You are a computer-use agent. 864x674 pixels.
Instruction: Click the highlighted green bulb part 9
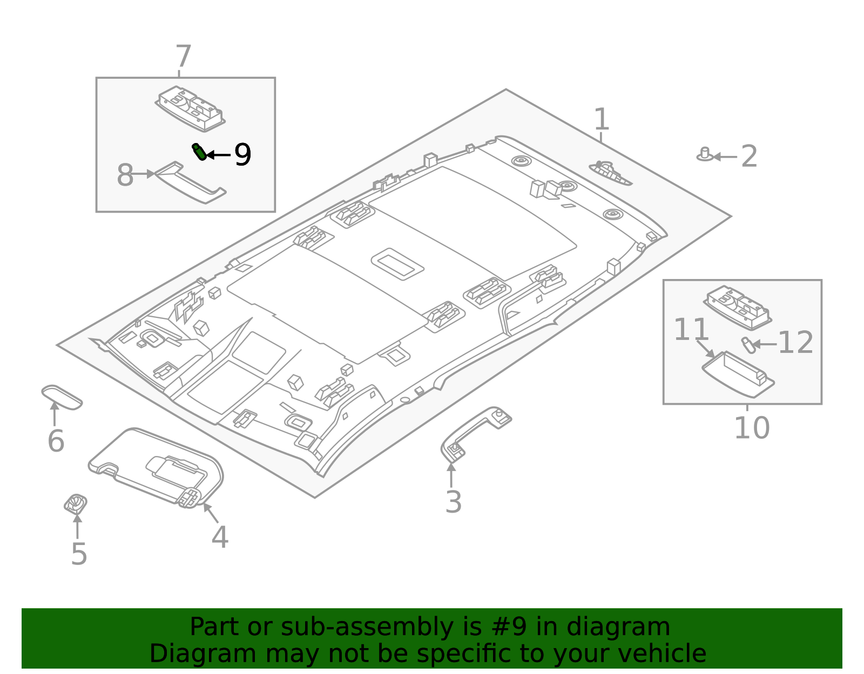tap(199, 152)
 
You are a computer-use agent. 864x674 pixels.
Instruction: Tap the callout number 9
tap(242, 155)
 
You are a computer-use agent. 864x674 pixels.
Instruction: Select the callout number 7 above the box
tap(183, 57)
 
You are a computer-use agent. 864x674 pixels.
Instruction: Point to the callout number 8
tap(125, 175)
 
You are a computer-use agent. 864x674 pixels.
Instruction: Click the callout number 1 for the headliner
tap(601, 119)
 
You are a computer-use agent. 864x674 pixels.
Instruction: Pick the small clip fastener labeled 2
tap(704, 154)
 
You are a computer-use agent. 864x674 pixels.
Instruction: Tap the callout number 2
tap(749, 157)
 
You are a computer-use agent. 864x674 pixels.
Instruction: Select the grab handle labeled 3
tap(475, 431)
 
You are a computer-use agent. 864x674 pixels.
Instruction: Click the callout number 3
tap(453, 502)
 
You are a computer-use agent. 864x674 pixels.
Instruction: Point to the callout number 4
tap(220, 537)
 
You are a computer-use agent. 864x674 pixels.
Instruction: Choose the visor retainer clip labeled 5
tap(76, 503)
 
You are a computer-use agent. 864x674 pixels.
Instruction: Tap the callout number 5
tap(79, 554)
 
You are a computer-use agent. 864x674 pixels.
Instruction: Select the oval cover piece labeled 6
tap(62, 397)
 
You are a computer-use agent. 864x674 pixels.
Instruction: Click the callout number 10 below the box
tap(751, 428)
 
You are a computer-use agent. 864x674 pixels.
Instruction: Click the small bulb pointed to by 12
tap(747, 344)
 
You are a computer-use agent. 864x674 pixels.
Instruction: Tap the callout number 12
tap(795, 343)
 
